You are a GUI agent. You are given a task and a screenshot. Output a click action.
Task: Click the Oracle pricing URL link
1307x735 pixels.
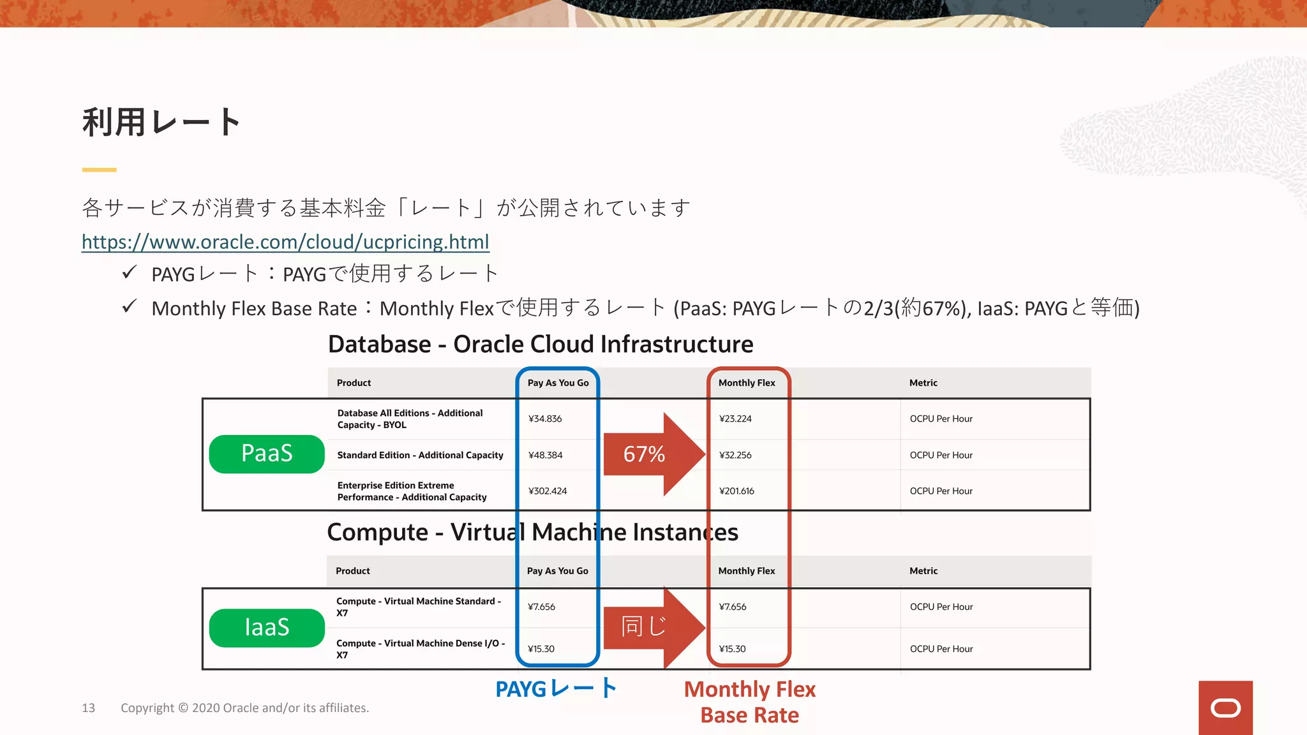pyautogui.click(x=285, y=242)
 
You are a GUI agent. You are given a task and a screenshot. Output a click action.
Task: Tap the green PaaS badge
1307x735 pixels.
pyautogui.click(x=267, y=454)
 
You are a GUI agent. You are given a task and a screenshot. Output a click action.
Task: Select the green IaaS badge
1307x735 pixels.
pyautogui.click(x=267, y=628)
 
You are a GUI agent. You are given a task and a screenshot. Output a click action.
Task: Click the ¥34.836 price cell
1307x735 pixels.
pyautogui.click(x=545, y=419)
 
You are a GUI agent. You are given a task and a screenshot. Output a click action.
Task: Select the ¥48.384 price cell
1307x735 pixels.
pyautogui.click(x=546, y=456)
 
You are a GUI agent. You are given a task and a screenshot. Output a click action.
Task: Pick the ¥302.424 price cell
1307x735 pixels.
pyautogui.click(x=548, y=491)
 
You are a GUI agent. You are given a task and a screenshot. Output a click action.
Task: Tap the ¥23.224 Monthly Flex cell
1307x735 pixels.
pyautogui.click(x=735, y=419)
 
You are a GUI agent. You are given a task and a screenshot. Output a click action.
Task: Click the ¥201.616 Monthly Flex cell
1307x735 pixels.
pyautogui.click(x=736, y=491)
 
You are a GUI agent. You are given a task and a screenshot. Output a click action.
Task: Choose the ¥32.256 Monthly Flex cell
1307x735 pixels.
pyautogui.click(x=735, y=456)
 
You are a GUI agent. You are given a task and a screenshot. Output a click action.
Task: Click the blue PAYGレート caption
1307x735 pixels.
pyautogui.click(x=556, y=689)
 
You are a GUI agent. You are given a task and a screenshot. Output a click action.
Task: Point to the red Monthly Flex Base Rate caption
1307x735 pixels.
pyautogui.click(x=750, y=702)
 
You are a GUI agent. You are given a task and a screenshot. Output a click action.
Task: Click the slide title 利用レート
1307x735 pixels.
pyautogui.click(x=161, y=122)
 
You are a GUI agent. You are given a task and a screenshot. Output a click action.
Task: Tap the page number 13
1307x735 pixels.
pyautogui.click(x=89, y=708)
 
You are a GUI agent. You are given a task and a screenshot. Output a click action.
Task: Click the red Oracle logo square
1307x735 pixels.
pyautogui.click(x=1225, y=708)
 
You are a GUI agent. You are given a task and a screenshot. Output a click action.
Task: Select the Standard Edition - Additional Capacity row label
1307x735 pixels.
pyautogui.click(x=420, y=456)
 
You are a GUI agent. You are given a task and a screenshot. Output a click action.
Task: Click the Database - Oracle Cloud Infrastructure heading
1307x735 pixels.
pyautogui.click(x=541, y=345)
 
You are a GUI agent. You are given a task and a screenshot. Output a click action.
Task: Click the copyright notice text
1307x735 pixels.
pyautogui.click(x=244, y=708)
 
